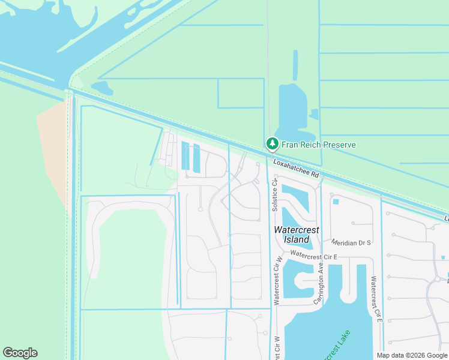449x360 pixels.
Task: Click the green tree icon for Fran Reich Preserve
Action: click(x=273, y=144)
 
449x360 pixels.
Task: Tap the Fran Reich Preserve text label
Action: click(x=319, y=145)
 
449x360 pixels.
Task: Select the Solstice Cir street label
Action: click(x=274, y=194)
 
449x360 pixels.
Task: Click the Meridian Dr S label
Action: click(x=351, y=242)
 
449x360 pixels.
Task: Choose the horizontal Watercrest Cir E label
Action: click(x=315, y=255)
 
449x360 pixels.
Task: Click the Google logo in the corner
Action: click(x=20, y=353)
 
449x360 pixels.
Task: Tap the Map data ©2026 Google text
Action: click(x=412, y=355)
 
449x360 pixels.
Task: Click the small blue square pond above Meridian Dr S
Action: click(x=336, y=202)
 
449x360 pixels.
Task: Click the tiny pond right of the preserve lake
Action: click(x=313, y=113)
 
